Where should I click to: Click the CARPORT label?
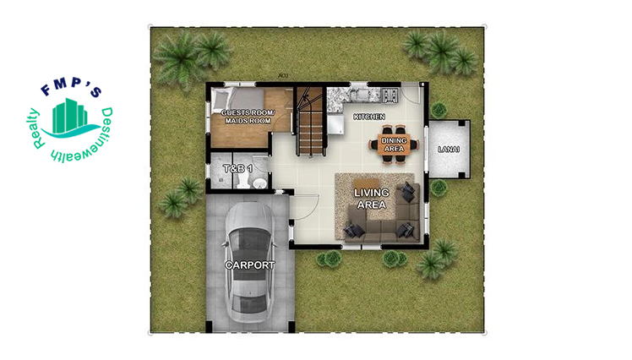tap(250, 265)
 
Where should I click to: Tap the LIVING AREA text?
tap(372, 199)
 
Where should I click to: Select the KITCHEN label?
tap(369, 117)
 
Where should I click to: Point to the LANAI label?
tap(449, 150)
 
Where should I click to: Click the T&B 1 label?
tap(237, 168)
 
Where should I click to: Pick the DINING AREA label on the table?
tap(395, 145)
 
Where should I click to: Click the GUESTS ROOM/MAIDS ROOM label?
tap(248, 117)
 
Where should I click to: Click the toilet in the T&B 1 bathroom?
tap(259, 183)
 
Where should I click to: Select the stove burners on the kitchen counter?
tap(390, 95)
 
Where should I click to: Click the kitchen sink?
tap(360, 95)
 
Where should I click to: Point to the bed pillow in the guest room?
tap(221, 97)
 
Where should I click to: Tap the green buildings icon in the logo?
tap(70, 116)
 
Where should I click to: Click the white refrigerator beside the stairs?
tap(335, 124)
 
